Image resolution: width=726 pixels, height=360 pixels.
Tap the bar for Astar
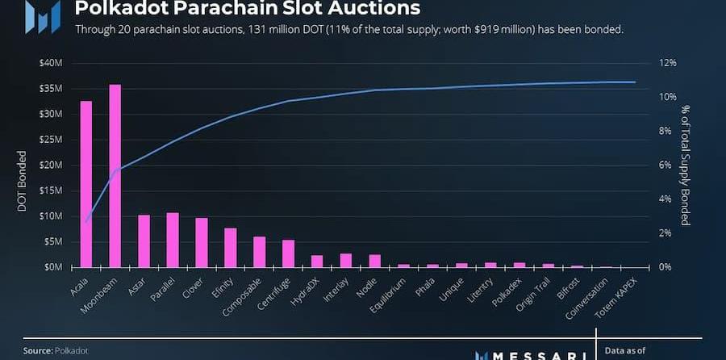tap(144, 241)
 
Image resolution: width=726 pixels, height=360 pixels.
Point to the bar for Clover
tap(202, 242)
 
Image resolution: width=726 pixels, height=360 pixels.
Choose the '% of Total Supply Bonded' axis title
tap(685, 165)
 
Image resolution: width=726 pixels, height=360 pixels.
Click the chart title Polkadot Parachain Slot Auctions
tap(247, 10)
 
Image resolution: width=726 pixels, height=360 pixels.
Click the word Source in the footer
tap(37, 351)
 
